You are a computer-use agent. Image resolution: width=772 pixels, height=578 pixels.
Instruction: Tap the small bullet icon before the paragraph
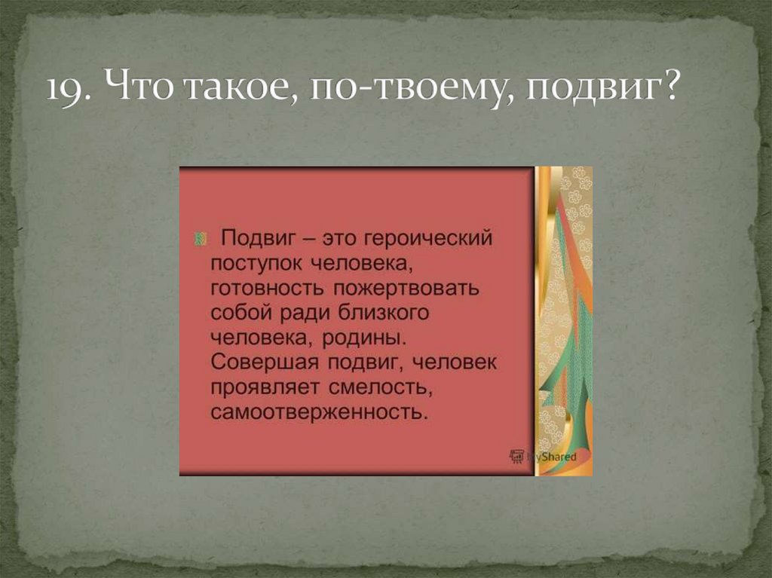coord(201,239)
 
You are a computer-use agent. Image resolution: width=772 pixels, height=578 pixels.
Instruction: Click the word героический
coord(427,239)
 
